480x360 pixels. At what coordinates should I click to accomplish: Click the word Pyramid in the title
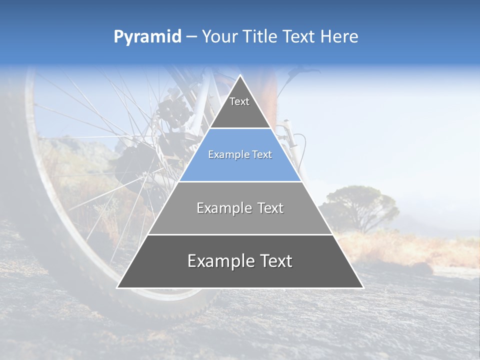tap(147, 37)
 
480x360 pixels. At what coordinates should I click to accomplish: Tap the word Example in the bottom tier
tap(219, 261)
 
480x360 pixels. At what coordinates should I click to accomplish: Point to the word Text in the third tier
tap(267, 208)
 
